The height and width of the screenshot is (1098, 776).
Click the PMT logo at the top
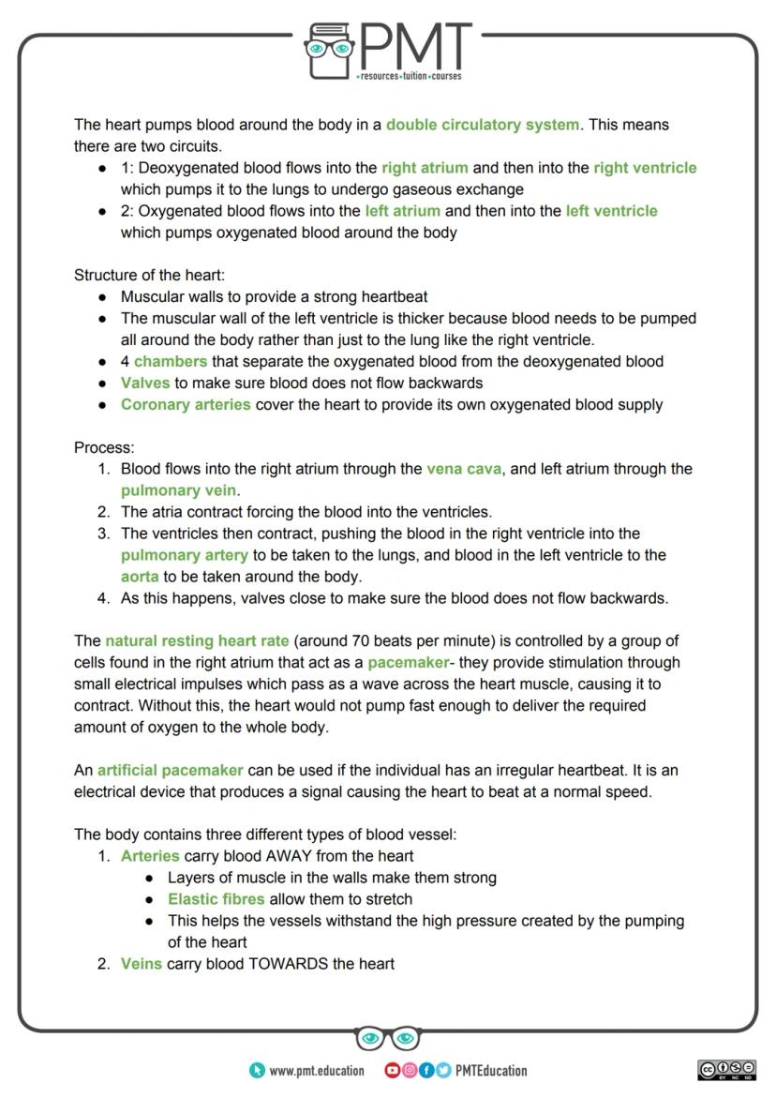tap(388, 52)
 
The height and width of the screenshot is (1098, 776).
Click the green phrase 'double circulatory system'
tap(483, 125)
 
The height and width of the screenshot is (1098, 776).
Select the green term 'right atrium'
tap(425, 168)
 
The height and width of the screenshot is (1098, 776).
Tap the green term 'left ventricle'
tap(611, 211)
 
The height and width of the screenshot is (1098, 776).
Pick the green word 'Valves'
tap(145, 384)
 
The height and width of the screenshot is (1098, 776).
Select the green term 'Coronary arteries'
tap(186, 405)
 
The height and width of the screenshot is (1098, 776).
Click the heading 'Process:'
tap(104, 448)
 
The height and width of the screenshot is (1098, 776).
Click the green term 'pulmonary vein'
tap(179, 490)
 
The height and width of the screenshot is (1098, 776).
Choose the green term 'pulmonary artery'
tap(185, 555)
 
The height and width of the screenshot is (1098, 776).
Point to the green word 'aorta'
tap(140, 577)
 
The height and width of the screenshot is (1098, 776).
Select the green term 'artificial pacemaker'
tap(171, 771)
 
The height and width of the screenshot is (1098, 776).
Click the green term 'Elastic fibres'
tap(216, 899)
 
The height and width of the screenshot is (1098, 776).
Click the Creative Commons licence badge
tap(726, 1070)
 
